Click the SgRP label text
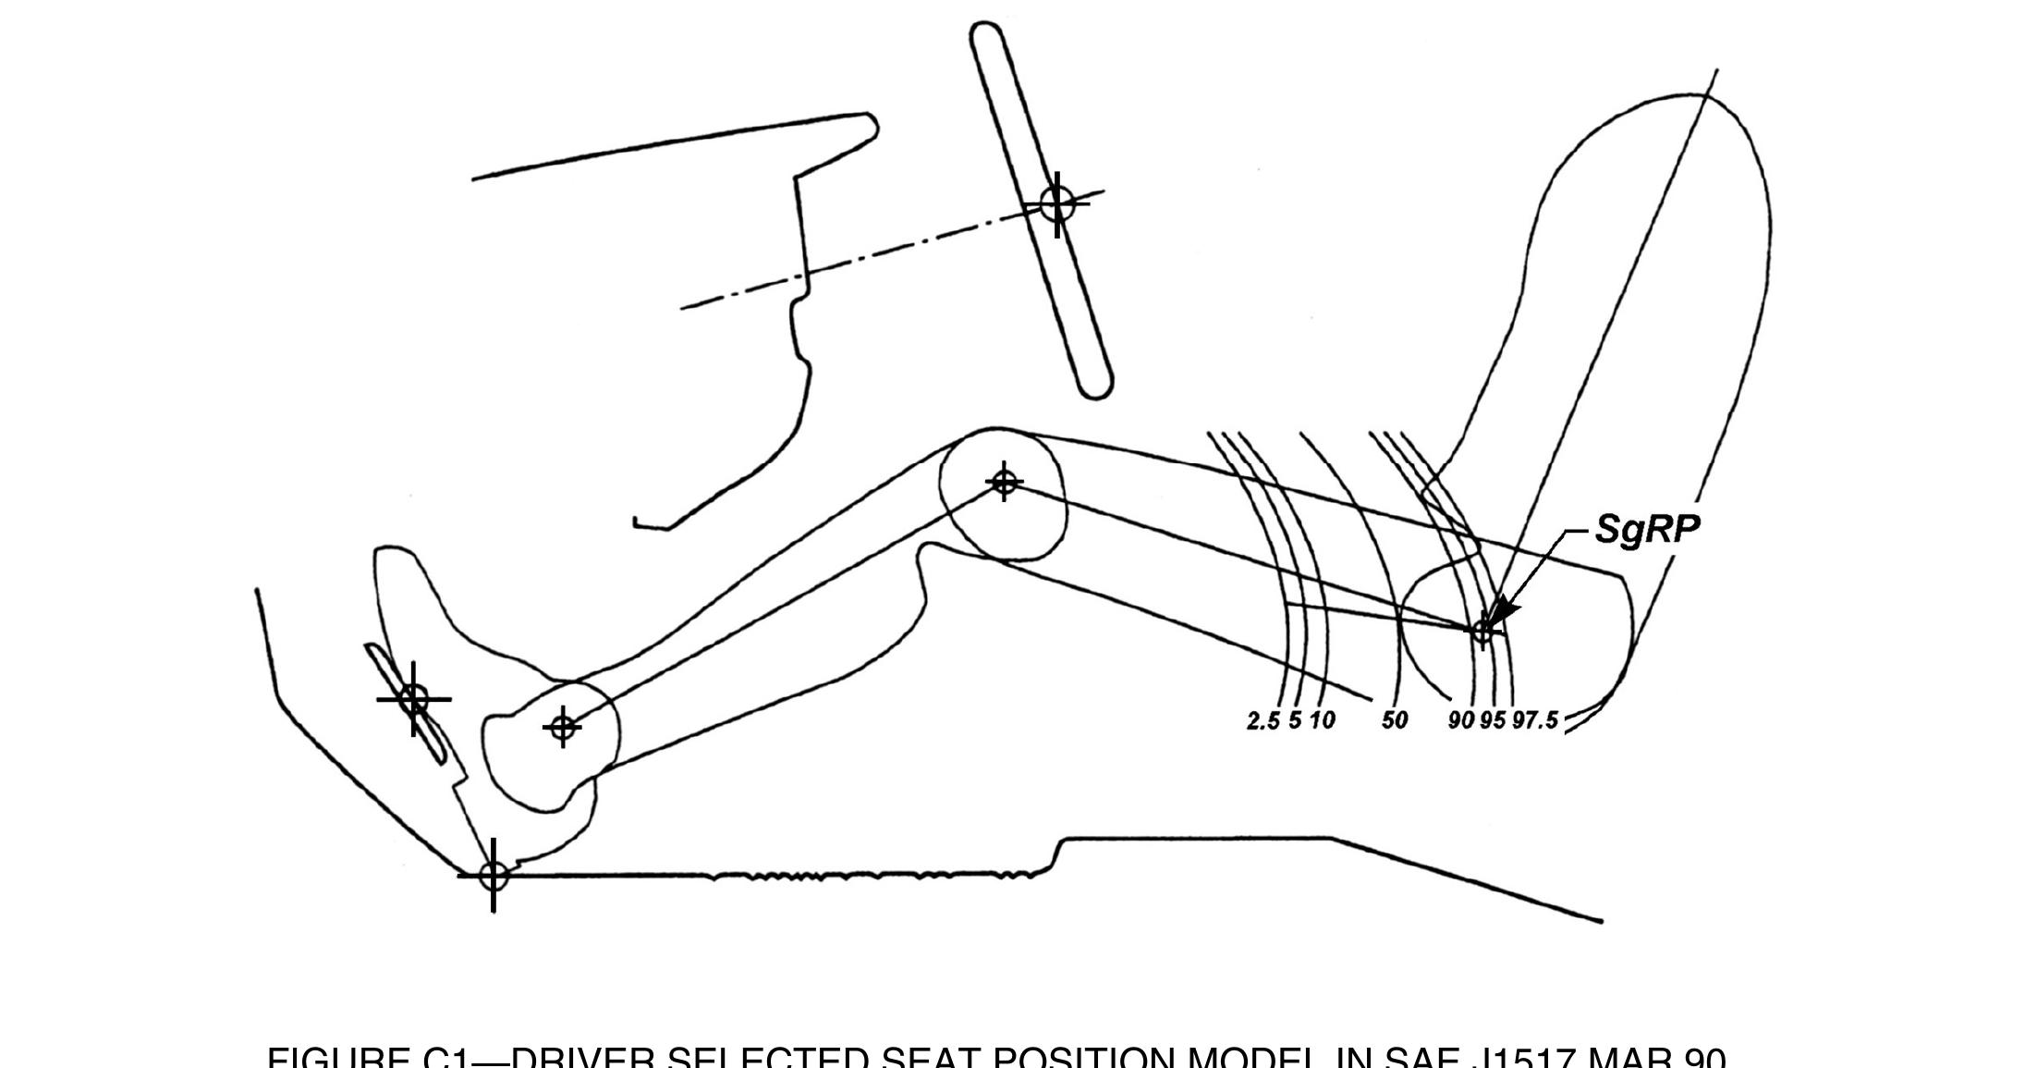1647,529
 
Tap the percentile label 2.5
1263,720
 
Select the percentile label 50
1394,719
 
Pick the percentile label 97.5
1535,719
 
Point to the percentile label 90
1460,719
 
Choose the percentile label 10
1323,719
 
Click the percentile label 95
1493,719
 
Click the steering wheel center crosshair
1057,203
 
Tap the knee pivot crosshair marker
1004,482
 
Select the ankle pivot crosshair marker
563,728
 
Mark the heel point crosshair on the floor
494,875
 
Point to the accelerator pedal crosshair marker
413,699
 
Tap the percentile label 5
1295,719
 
